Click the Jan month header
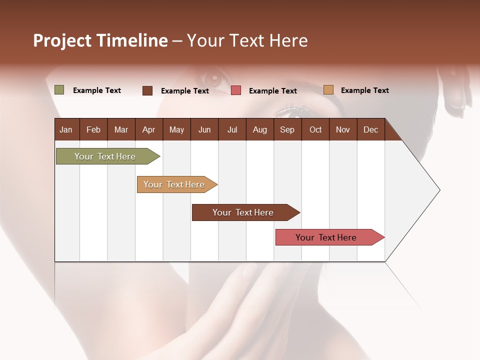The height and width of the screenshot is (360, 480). [66, 129]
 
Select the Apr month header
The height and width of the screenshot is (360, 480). [148, 129]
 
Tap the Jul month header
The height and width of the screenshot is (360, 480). [232, 129]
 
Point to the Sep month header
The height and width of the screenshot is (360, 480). [287, 129]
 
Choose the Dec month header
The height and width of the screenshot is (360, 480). [370, 129]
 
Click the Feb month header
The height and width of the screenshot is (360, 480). [93, 129]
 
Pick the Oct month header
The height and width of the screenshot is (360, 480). [315, 129]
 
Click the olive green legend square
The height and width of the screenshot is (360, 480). [59, 90]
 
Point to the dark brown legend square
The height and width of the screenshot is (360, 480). [147, 90]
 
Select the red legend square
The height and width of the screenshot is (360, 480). [236, 90]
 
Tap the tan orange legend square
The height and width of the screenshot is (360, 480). [328, 90]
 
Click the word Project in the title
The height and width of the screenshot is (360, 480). [62, 40]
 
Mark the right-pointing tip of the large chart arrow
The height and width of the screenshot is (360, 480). [439, 190]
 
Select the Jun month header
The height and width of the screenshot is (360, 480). [204, 129]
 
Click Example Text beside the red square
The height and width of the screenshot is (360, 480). [272, 91]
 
